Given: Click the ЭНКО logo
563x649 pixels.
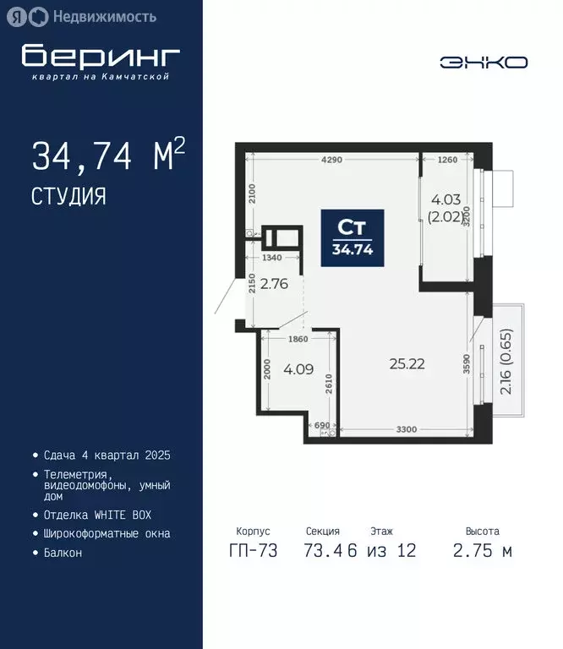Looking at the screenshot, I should (x=484, y=62).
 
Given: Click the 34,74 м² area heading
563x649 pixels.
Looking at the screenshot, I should (x=108, y=156).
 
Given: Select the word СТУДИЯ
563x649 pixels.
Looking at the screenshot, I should (x=69, y=197).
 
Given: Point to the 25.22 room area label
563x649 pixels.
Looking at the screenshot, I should (x=407, y=364).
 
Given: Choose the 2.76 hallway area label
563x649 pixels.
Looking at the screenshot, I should (x=275, y=284).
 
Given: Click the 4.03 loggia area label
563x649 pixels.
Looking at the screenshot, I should (x=445, y=208).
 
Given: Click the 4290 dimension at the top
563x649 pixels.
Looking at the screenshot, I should (x=332, y=159).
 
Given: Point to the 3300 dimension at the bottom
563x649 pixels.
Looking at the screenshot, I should (x=407, y=429).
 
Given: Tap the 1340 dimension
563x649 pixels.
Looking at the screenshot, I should (x=271, y=258).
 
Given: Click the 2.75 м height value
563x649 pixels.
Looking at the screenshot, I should (x=482, y=552).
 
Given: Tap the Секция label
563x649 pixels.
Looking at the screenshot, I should (x=323, y=532).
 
